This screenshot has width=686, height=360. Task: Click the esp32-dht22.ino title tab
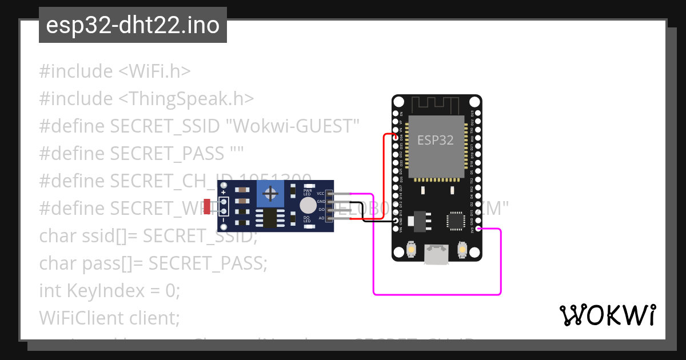pyautogui.click(x=133, y=26)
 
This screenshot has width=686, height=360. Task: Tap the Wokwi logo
pyautogui.click(x=607, y=315)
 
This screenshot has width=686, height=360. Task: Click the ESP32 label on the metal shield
pyautogui.click(x=435, y=140)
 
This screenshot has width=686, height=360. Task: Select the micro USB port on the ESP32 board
pyautogui.click(x=436, y=255)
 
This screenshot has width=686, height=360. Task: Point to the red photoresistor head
pyautogui.click(x=206, y=207)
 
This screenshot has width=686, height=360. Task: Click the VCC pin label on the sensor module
pyautogui.click(x=321, y=194)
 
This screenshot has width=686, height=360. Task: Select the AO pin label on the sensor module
pyautogui.click(x=321, y=218)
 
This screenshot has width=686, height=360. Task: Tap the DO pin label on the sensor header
pyautogui.click(x=321, y=210)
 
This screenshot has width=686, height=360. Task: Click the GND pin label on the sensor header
pyautogui.click(x=321, y=202)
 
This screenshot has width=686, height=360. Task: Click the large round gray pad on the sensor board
pyautogui.click(x=308, y=205)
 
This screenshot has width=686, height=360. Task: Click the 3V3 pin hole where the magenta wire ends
pyautogui.click(x=478, y=230)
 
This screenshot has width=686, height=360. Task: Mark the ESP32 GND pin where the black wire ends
pyautogui.click(x=396, y=221)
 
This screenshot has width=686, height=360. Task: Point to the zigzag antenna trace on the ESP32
pyautogui.click(x=437, y=105)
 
